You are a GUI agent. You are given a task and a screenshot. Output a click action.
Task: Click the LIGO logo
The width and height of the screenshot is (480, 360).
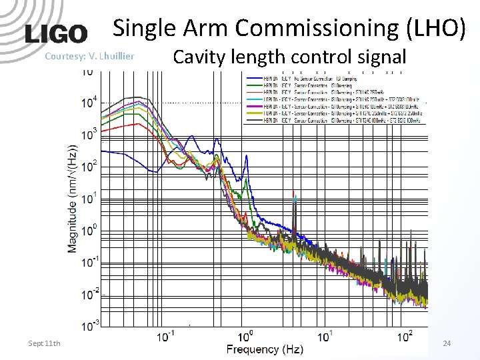tap(56, 34)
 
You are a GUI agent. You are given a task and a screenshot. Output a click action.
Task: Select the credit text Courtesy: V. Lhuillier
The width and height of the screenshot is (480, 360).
tap(89, 56)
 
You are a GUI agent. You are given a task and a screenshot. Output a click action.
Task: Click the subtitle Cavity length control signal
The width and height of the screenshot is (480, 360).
tap(289, 57)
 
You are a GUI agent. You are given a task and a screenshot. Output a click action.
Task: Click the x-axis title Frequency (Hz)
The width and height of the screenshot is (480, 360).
tap(265, 349)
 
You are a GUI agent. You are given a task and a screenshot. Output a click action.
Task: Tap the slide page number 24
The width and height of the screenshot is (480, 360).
tap(447, 343)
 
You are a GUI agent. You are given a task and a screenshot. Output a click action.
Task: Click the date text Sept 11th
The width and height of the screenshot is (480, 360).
tap(44, 343)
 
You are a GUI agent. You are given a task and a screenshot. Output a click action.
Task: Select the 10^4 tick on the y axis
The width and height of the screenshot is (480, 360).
tap(89, 101)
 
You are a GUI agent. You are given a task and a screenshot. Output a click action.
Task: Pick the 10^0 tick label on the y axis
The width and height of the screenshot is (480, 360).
tap(89, 230)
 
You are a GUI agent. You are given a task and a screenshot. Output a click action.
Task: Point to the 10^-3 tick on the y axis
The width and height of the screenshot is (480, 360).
tap(89, 325)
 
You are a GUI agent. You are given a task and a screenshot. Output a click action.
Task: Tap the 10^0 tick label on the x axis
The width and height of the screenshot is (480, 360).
tap(245, 336)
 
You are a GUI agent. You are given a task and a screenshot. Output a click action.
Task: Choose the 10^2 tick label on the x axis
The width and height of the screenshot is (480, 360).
tap(405, 336)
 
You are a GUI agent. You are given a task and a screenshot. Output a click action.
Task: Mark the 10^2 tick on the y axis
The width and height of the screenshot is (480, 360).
tap(89, 165)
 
